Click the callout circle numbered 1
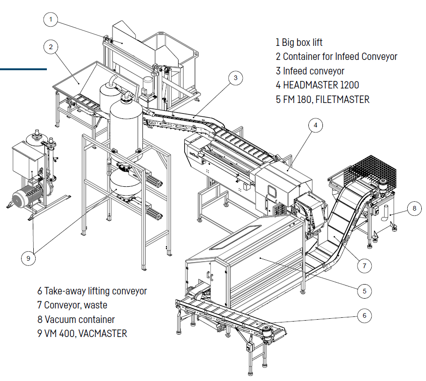[51, 20]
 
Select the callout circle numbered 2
[51, 46]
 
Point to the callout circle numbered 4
[316, 125]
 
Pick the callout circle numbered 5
[364, 291]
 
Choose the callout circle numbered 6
[364, 315]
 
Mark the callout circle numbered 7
[364, 265]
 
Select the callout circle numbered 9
[29, 258]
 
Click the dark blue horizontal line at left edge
[23, 69]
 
